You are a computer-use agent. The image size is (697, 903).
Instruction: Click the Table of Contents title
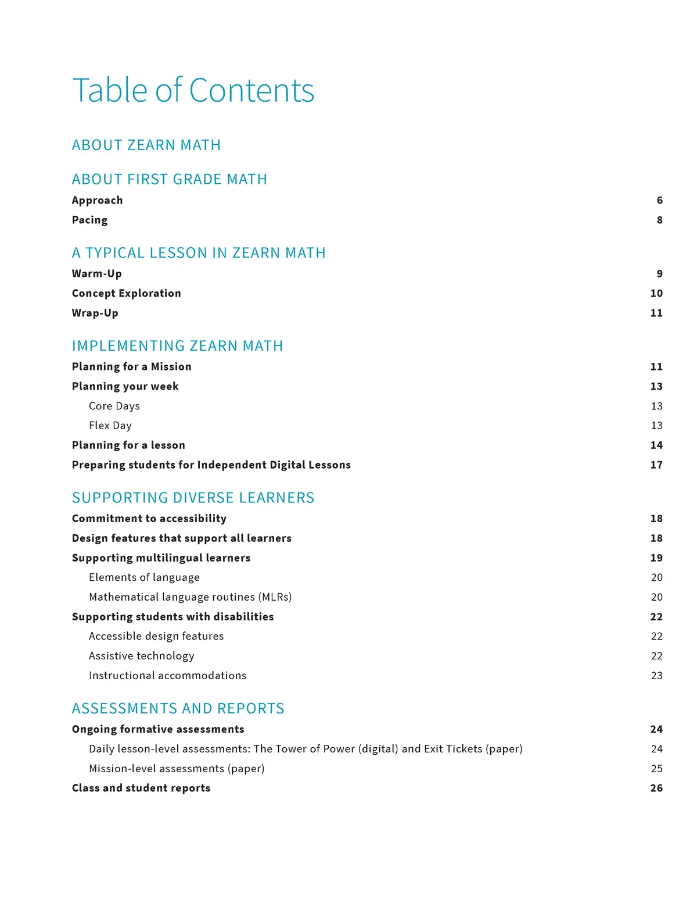(x=193, y=91)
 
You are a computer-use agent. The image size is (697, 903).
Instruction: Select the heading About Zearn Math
(x=146, y=145)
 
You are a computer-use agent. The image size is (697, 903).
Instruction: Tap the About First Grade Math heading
(x=170, y=179)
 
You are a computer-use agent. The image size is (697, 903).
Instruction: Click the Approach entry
(x=98, y=200)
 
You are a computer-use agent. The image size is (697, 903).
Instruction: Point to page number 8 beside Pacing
(x=659, y=220)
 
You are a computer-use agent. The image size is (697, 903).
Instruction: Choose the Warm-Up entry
(x=97, y=273)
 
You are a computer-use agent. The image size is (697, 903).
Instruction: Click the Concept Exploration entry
(x=127, y=293)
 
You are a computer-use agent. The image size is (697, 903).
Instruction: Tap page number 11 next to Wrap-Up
(x=656, y=313)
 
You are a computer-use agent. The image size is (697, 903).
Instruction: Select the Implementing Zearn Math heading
(x=178, y=346)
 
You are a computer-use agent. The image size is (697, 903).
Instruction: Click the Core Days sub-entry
(x=114, y=406)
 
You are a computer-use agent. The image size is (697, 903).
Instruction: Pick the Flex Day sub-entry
(x=110, y=426)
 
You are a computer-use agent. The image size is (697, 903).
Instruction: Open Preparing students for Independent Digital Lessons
(x=211, y=465)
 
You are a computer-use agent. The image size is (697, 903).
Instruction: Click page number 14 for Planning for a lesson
(x=656, y=445)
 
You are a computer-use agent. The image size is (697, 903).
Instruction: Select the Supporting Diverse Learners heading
(x=193, y=498)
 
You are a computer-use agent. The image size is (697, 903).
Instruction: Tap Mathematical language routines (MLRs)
(x=191, y=597)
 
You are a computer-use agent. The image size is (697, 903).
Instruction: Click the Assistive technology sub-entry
(x=142, y=656)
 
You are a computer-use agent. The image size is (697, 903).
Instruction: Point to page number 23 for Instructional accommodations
(x=656, y=676)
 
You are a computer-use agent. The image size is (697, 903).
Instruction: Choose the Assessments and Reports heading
(x=178, y=708)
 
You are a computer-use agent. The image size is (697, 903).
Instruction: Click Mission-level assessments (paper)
(x=177, y=769)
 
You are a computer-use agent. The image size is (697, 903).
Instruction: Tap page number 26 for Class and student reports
(x=656, y=788)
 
